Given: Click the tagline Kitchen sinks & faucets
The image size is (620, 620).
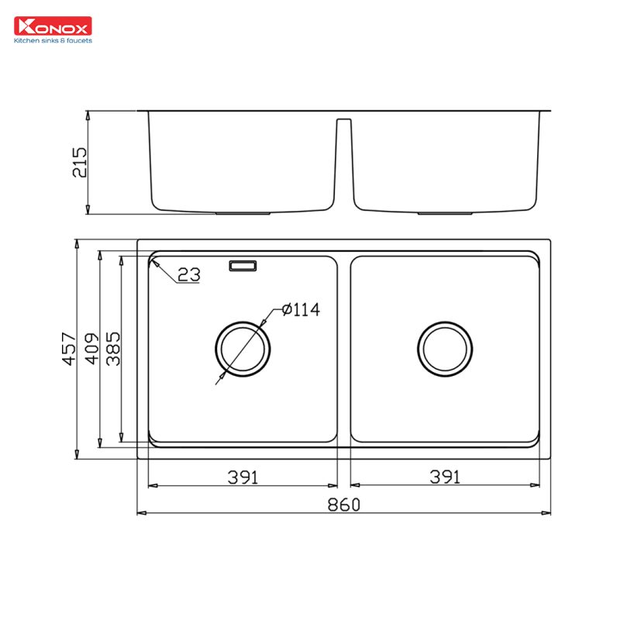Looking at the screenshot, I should pyautogui.click(x=53, y=40).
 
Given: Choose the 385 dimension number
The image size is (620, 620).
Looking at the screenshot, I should pyautogui.click(x=112, y=349).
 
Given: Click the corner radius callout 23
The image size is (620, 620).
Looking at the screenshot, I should pyautogui.click(x=188, y=274).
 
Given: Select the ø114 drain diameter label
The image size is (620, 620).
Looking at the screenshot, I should pyautogui.click(x=301, y=310).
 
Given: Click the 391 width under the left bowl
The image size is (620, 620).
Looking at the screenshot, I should pyautogui.click(x=243, y=477).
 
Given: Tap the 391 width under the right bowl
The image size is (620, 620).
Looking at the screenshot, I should pyautogui.click(x=446, y=477).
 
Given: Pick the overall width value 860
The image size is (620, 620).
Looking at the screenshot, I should pyautogui.click(x=343, y=505).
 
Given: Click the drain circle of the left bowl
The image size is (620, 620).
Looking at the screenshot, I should pyautogui.click(x=243, y=347).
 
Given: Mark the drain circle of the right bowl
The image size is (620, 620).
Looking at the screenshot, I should pyautogui.click(x=445, y=347).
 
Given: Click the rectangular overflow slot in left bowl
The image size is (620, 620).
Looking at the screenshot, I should pyautogui.click(x=243, y=267).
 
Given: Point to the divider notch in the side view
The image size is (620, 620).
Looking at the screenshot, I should pyautogui.click(x=344, y=155).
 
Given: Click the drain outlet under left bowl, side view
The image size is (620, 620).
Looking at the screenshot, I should pyautogui.click(x=243, y=212).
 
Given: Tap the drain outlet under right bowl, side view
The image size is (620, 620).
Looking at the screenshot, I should pyautogui.click(x=445, y=212).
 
